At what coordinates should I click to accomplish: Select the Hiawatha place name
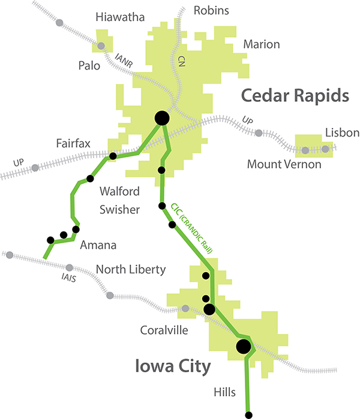[121, 17]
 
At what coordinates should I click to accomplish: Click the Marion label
[261, 44]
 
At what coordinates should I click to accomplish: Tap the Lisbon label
[341, 132]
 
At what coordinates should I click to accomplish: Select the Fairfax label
[73, 144]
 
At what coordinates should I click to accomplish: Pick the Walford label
[120, 192]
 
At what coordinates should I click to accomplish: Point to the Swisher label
[119, 210]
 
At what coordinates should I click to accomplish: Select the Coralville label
[164, 330]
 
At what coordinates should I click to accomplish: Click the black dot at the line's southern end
[248, 414]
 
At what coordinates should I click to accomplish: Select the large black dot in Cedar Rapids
[162, 118]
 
